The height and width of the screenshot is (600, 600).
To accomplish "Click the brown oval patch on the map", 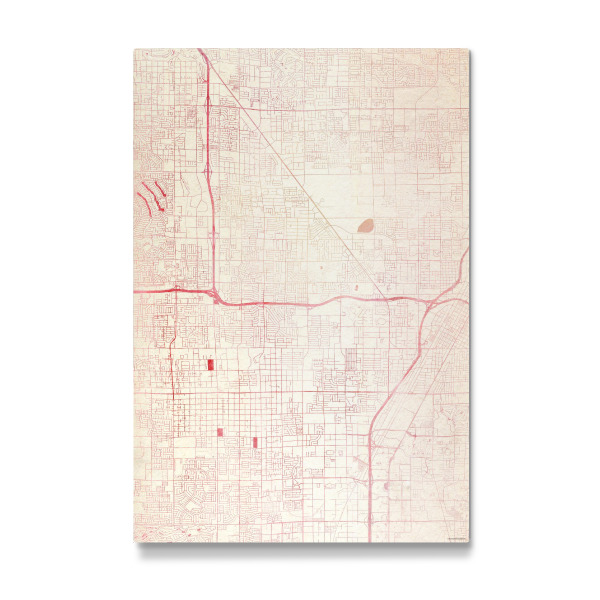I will [365, 226].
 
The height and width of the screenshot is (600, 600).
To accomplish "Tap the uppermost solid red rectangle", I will [211, 365].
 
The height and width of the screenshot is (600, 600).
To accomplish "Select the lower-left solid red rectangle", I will [220, 432].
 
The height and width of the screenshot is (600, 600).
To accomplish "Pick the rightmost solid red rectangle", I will [255, 442].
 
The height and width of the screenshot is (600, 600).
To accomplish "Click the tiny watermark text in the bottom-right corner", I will [456, 540].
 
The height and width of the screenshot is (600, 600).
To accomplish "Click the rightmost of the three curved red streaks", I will [161, 188].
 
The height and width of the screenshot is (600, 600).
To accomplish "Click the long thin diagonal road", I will [300, 180].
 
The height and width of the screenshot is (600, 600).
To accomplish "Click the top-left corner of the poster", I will [133, 48].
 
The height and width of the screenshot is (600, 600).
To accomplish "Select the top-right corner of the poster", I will [468, 48].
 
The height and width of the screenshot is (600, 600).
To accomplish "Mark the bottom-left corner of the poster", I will [133, 544].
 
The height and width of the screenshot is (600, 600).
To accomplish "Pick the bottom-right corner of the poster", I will [468, 544].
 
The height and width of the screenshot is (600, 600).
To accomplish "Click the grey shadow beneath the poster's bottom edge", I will [300, 550].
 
